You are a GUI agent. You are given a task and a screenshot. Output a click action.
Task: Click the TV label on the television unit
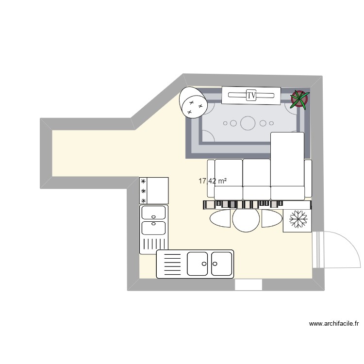[251, 95]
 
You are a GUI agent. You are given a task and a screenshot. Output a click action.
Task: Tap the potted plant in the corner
[299, 99]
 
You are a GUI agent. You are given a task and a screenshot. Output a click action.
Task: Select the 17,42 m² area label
[213, 181]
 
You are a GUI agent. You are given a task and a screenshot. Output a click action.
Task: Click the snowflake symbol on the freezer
[297, 220]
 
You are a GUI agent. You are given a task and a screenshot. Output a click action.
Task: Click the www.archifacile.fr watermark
[333, 324]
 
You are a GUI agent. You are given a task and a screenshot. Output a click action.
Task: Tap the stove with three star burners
[154, 190]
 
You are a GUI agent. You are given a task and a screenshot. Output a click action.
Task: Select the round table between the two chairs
[247, 219]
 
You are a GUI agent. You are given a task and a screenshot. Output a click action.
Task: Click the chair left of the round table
[221, 219]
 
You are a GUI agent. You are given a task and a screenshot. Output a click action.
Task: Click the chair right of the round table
[272, 219]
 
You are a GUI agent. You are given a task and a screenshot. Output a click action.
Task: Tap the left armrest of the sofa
[211, 179]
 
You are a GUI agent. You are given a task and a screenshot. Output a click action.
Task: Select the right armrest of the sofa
[308, 178]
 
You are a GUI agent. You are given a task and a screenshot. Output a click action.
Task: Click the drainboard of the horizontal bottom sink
[171, 264]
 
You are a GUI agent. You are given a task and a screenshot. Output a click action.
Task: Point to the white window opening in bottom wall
[248, 285]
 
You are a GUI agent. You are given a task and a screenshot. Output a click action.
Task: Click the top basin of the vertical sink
[153, 213]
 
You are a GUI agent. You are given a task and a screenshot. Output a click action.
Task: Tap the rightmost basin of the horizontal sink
[221, 264]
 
